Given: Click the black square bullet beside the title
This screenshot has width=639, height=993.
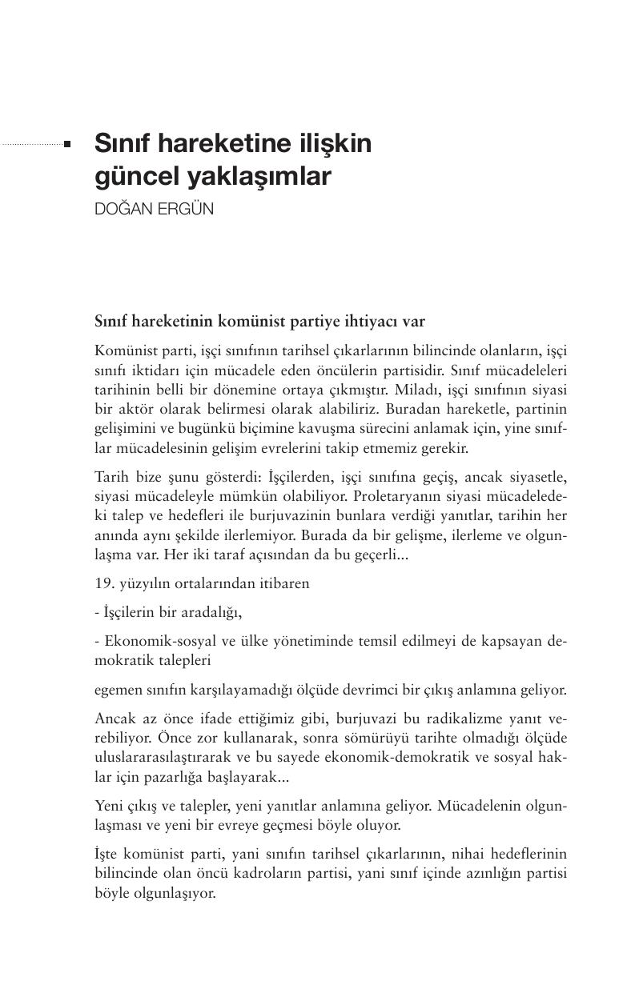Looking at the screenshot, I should (x=67, y=145).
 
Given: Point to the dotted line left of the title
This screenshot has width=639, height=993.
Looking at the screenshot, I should (x=32, y=145).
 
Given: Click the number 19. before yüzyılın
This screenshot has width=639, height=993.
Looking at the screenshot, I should (x=104, y=583).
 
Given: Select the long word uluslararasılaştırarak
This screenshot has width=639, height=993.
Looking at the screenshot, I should (x=158, y=756).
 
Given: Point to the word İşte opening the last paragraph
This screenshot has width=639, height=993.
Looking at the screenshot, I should (x=106, y=855).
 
